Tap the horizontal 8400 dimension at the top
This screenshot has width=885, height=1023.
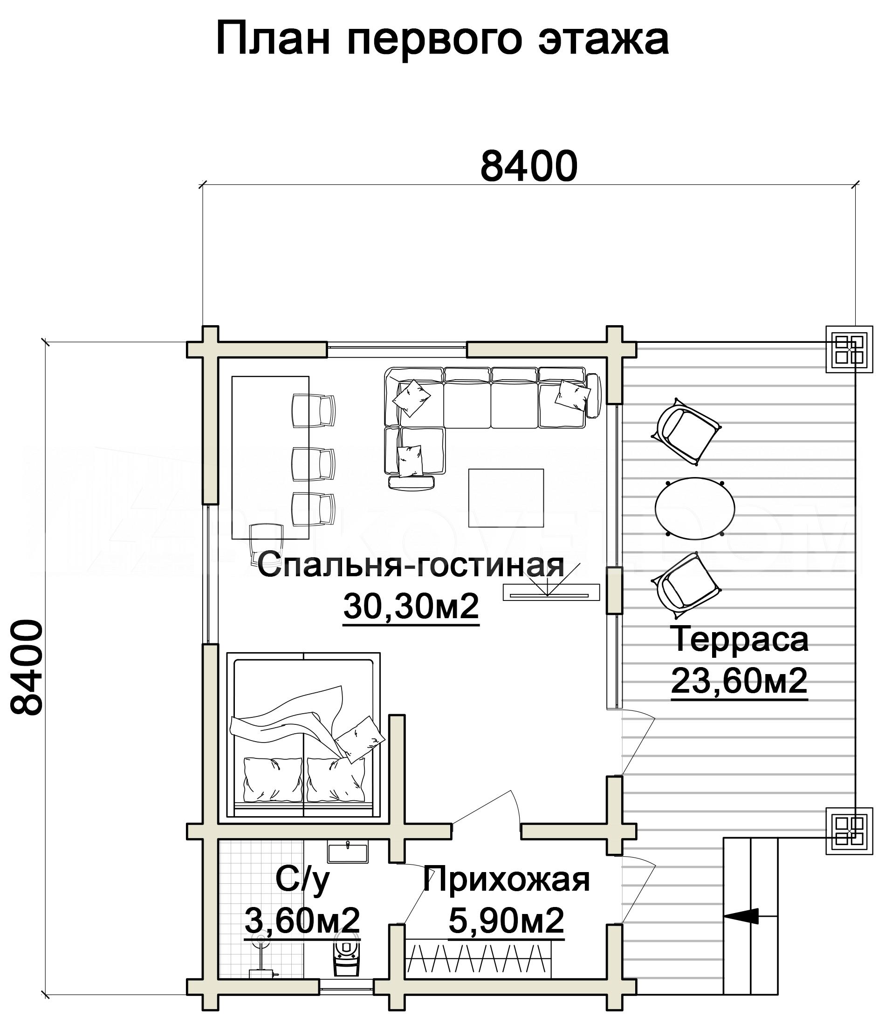[x=528, y=166]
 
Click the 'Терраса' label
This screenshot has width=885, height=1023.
[x=739, y=639]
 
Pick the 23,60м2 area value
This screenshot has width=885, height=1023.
[x=739, y=681]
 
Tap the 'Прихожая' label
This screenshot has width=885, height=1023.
[x=506, y=880]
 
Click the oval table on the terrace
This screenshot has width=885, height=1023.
[x=695, y=508]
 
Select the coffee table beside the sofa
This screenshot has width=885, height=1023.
[x=506, y=498]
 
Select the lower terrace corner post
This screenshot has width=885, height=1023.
[x=850, y=831]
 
